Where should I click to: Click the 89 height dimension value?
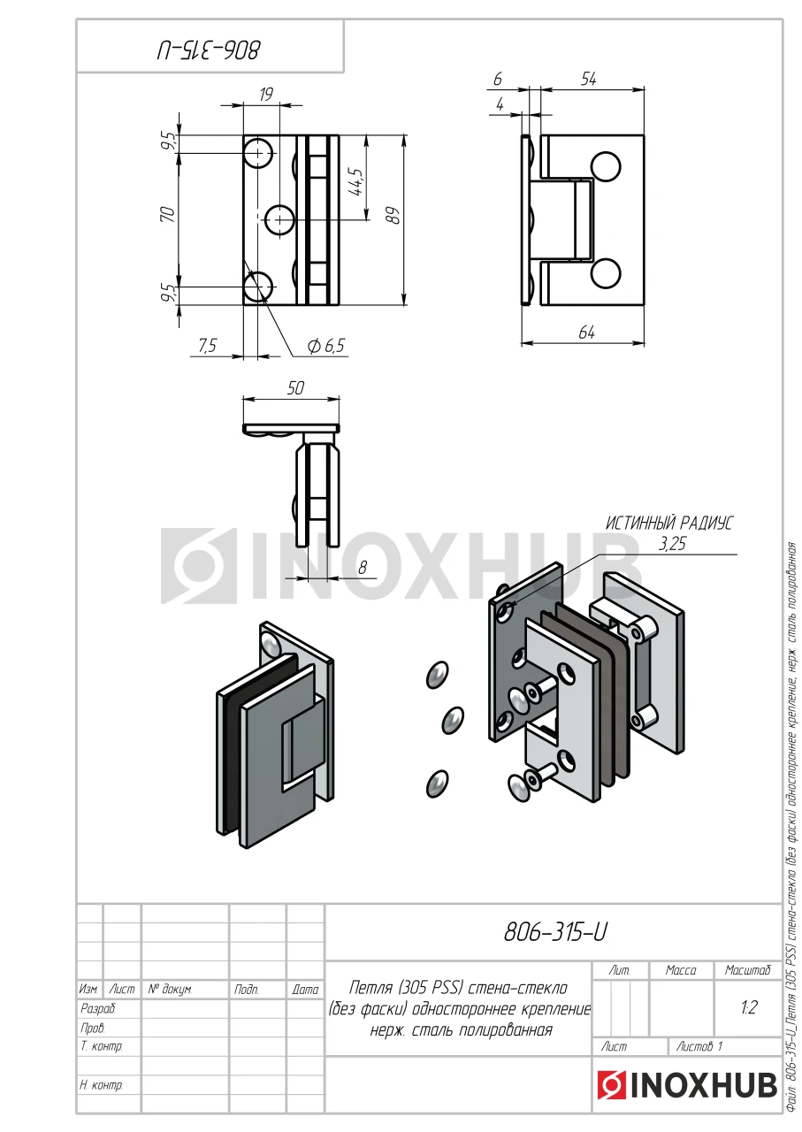coord(395,216)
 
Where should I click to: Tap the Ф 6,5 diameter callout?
coord(326,346)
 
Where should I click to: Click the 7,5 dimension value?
coord(207,345)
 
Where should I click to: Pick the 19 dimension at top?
coord(265,94)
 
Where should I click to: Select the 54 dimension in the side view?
coord(589,79)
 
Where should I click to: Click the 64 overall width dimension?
coord(586,333)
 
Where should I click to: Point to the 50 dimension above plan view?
coord(295,388)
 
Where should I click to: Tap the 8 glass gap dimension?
coord(363,568)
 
